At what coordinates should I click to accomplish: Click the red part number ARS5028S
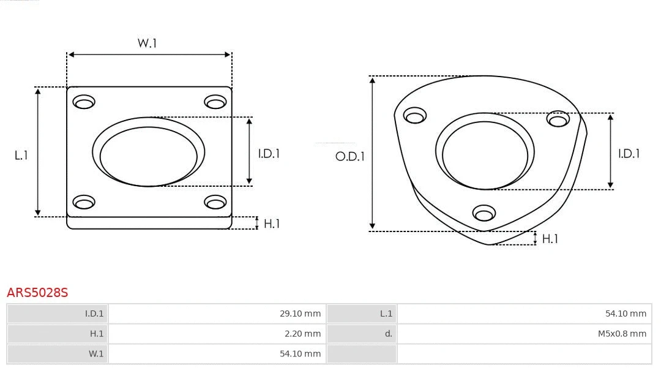pyautogui.click(x=37, y=293)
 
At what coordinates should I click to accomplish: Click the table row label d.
pyautogui.click(x=388, y=334)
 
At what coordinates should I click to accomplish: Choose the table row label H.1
pyautogui.click(x=97, y=334)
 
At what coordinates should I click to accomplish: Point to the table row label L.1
pyautogui.click(x=386, y=314)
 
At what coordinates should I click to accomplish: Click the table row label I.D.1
pyautogui.click(x=94, y=314)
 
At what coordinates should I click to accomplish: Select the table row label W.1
pyautogui.click(x=96, y=353)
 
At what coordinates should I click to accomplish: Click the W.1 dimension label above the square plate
pyautogui.click(x=147, y=43)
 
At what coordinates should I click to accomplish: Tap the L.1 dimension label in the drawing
pyautogui.click(x=21, y=156)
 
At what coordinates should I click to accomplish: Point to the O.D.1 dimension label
pyautogui.click(x=349, y=157)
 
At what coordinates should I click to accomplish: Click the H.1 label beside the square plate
pyautogui.click(x=271, y=223)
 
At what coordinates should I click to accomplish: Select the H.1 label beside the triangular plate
pyautogui.click(x=550, y=239)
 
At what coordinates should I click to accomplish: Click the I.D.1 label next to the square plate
pyautogui.click(x=268, y=154)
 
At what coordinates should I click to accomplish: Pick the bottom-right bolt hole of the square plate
pyautogui.click(x=215, y=203)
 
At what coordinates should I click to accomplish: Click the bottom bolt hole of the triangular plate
pyautogui.click(x=484, y=214)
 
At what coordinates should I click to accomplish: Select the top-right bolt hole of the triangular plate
pyautogui.click(x=558, y=119)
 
